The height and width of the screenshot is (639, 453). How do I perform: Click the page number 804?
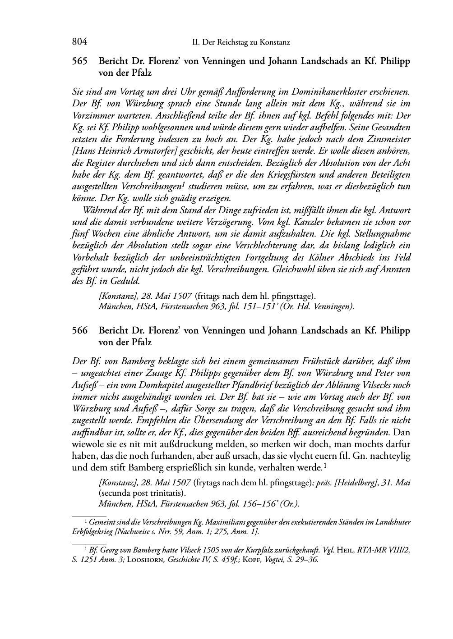[79, 42]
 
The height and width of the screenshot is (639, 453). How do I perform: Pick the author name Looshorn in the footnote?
[144, 560]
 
